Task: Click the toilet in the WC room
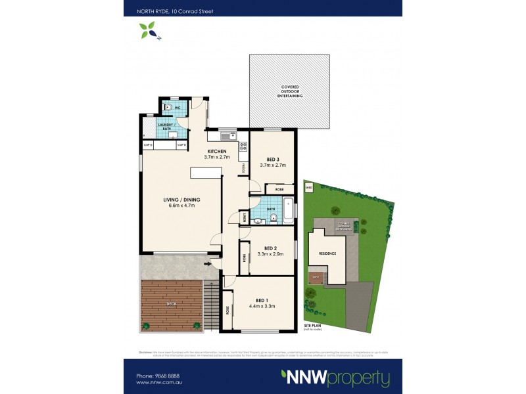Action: (169, 108)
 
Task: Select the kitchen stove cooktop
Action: (242, 146)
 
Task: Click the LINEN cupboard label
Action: (245, 217)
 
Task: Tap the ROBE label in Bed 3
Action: (279, 188)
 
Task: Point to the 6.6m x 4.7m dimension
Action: (182, 206)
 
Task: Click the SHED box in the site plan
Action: (309, 187)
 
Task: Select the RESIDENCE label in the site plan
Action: (327, 253)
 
